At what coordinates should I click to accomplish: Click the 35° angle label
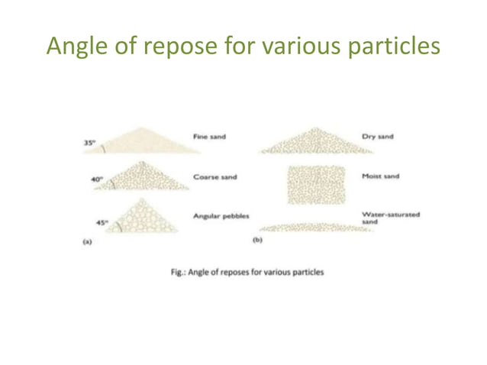click(x=89, y=142)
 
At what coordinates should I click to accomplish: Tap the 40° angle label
click(x=96, y=179)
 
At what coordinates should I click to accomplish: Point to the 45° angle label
click(x=102, y=223)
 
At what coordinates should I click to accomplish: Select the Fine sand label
click(x=209, y=137)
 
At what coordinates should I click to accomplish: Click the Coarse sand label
click(x=214, y=176)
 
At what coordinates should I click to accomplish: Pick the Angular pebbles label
click(x=221, y=216)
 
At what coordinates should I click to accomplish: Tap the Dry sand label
click(x=378, y=137)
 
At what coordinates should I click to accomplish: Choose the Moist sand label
click(x=381, y=176)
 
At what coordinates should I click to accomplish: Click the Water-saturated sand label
click(x=391, y=218)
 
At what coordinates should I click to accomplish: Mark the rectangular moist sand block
click(x=316, y=184)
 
